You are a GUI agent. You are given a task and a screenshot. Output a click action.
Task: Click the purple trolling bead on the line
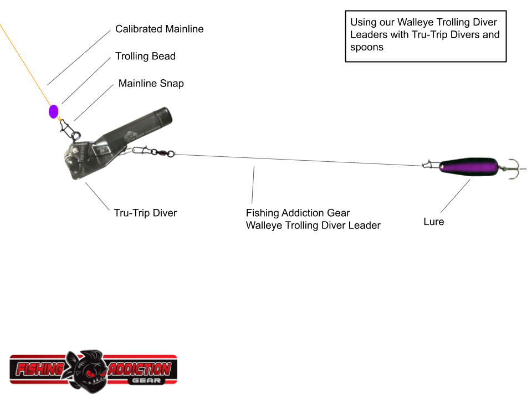pyautogui.click(x=54, y=111)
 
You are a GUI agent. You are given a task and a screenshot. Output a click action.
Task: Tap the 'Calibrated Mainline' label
pyautogui.click(x=159, y=29)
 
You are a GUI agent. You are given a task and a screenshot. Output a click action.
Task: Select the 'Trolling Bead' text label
pyautogui.click(x=145, y=56)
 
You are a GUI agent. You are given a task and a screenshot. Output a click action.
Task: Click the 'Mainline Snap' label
pyautogui.click(x=151, y=84)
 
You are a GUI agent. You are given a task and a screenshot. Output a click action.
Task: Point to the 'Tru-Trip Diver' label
pyautogui.click(x=145, y=213)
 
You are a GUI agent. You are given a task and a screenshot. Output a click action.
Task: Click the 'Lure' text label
pyautogui.click(x=433, y=222)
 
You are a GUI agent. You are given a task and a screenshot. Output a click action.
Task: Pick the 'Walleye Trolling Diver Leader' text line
pyautogui.click(x=313, y=226)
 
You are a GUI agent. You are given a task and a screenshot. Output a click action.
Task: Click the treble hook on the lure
pyautogui.click(x=513, y=166)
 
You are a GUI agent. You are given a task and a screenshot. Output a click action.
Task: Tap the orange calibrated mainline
pyautogui.click(x=25, y=61)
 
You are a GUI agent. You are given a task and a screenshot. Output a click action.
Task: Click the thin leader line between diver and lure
pyautogui.click(x=299, y=159)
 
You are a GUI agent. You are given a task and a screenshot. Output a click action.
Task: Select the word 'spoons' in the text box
pyautogui.click(x=366, y=47)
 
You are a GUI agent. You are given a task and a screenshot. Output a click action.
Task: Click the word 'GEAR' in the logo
pyautogui.click(x=144, y=381)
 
